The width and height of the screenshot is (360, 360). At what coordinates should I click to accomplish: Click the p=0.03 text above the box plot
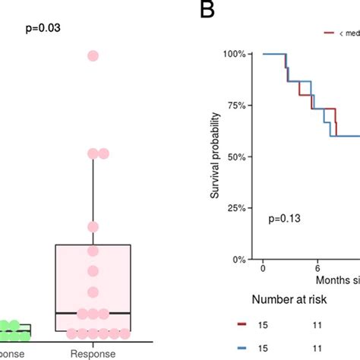coord(43,28)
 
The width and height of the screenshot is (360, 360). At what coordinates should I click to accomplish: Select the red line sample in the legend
coord(330,33)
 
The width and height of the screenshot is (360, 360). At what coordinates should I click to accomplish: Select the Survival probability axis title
coord(216,156)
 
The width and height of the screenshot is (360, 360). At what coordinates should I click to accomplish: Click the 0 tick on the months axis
coord(263,270)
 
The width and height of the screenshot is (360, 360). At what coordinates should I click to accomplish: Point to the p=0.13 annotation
coord(285,219)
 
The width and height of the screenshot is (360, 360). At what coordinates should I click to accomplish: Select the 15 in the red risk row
coord(263,324)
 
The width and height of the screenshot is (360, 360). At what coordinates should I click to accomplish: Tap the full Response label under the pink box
coord(93,353)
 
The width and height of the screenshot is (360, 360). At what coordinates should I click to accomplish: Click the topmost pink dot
coord(93,55)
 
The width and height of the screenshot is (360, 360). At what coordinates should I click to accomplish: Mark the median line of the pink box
coord(93,313)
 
